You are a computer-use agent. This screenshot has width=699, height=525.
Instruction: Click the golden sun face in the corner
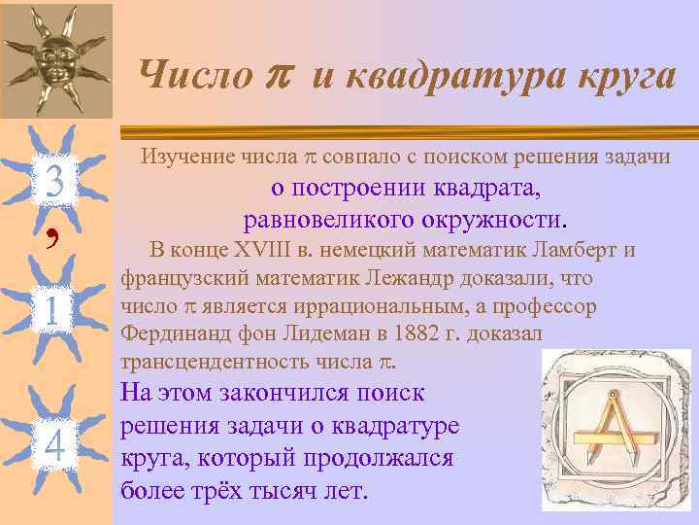click(55, 59)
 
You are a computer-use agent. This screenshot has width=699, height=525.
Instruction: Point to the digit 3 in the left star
click(55, 181)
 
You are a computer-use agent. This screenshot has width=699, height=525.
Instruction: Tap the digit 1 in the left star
click(54, 313)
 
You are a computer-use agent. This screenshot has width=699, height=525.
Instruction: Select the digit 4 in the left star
click(54, 444)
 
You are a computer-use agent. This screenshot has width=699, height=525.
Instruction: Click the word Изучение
click(186, 156)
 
